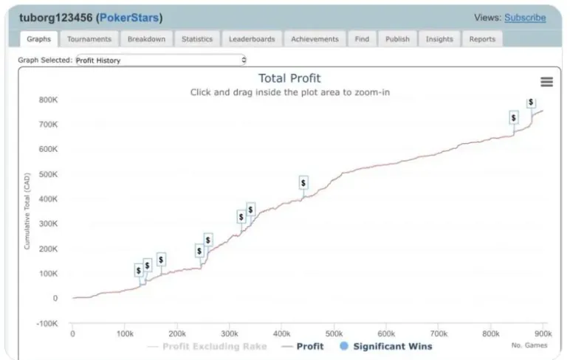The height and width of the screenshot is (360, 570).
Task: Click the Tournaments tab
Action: [89, 39]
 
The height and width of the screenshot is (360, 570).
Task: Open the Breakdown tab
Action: [146, 39]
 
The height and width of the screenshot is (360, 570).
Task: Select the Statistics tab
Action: [197, 39]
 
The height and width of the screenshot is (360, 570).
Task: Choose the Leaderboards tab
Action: [252, 39]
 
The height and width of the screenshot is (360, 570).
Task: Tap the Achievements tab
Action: [315, 39]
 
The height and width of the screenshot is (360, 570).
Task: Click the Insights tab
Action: [439, 39]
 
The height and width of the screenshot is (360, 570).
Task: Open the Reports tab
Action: [482, 39]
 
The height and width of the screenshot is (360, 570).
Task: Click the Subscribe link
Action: [525, 18]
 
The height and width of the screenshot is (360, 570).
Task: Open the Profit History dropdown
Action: [161, 60]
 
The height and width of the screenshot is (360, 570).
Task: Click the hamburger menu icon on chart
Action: [546, 82]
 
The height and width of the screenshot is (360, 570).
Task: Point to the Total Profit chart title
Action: [289, 78]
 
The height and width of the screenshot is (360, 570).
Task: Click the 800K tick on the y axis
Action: [48, 100]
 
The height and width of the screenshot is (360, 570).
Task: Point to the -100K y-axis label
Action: [47, 323]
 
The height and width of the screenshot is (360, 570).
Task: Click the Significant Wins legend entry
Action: [385, 346]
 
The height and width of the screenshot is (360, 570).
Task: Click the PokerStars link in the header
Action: [129, 18]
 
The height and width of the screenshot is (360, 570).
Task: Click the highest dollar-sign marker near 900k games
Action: [531, 103]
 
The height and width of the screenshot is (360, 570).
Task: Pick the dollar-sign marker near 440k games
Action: [303, 182]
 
